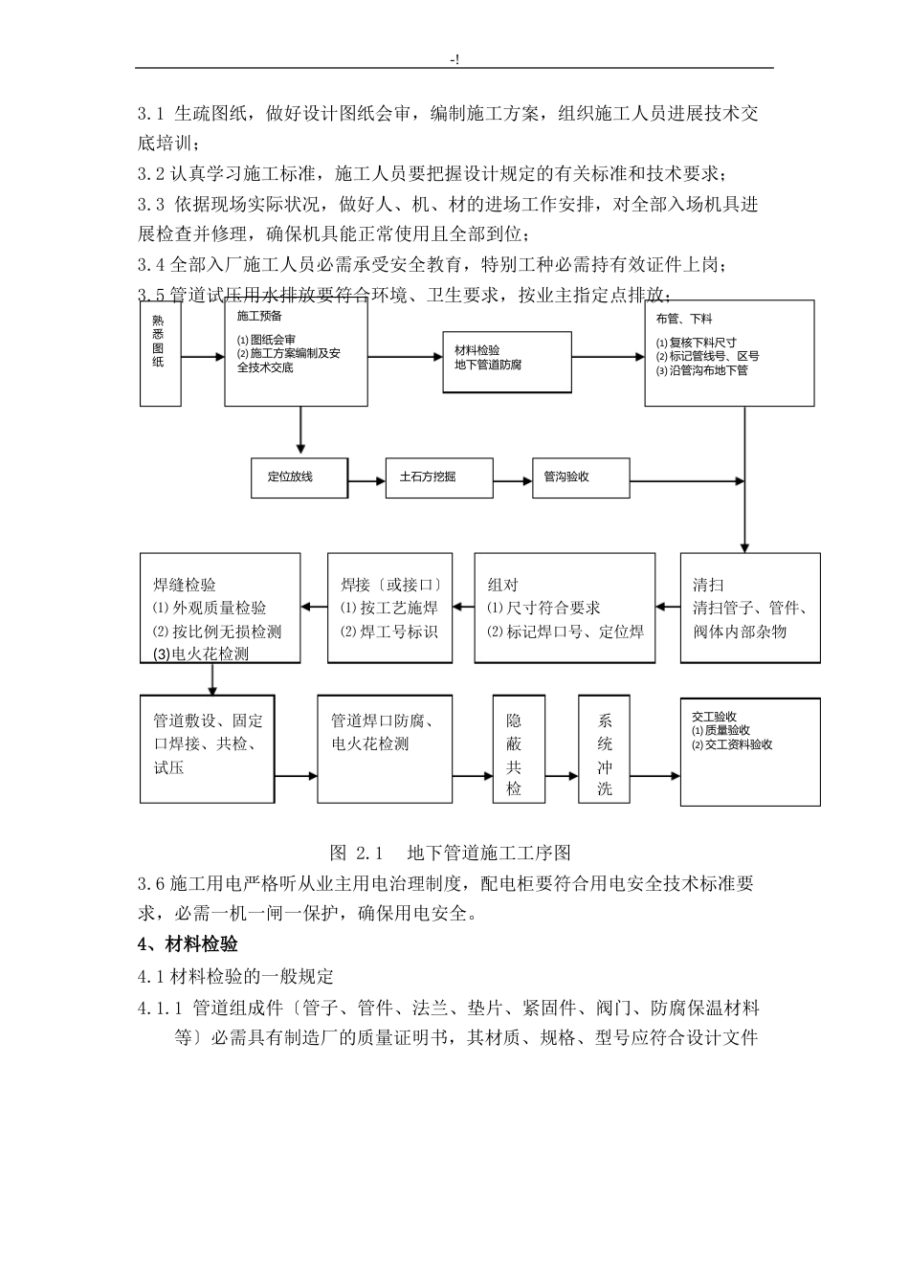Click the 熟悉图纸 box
pos(160,353)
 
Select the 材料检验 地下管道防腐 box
pos(506,362)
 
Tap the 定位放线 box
pos(299,477)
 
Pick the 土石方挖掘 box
pos(438,477)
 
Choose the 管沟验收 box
pos(581,477)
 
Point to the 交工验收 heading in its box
pos(714,717)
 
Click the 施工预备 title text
pos(259,316)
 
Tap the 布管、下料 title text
pos(683,319)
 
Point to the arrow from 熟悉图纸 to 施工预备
pos(203,357)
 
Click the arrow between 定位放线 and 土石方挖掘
pos(366,477)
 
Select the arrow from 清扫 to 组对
pos(668,607)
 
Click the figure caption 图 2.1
pos(356,853)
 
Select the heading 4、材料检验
pos(188,945)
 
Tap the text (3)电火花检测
pos(201,654)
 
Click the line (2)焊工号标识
pos(389,632)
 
